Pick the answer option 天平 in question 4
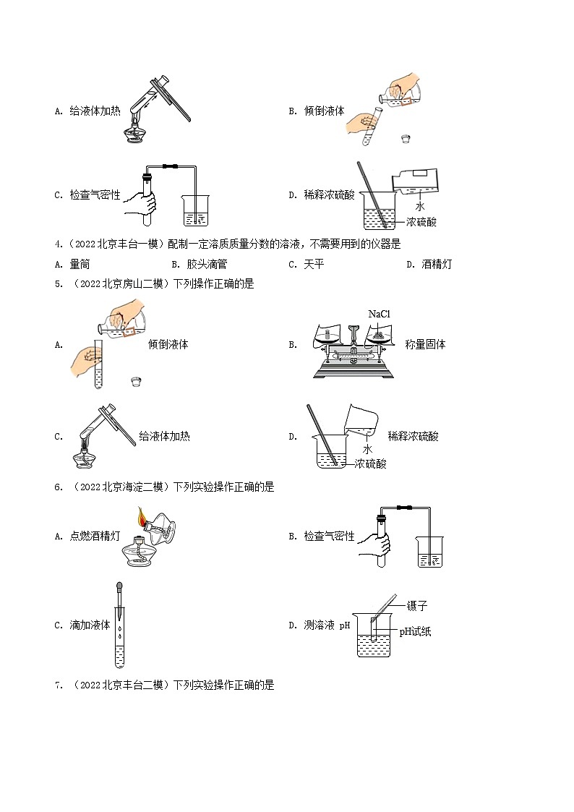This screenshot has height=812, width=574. pos(314,264)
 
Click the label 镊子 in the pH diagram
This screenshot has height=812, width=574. pos(418,606)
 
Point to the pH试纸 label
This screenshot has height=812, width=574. pos(416,631)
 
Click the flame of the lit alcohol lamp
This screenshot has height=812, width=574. pos(142,517)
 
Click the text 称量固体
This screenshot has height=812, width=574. pos(426,344)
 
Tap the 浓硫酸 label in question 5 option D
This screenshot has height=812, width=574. pos(370,463)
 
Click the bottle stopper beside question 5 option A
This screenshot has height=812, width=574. pos(134,382)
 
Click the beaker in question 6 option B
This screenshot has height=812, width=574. pos(429,553)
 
